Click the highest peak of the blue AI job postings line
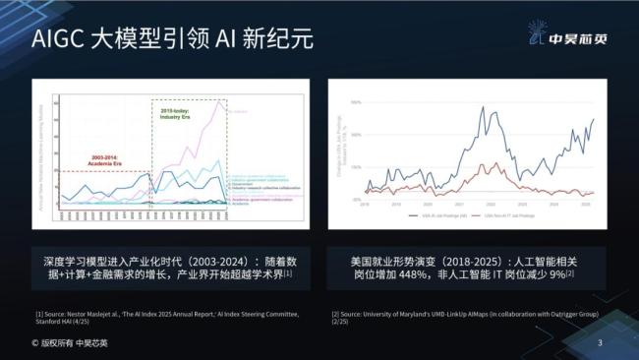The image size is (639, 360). [x=479, y=106]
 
